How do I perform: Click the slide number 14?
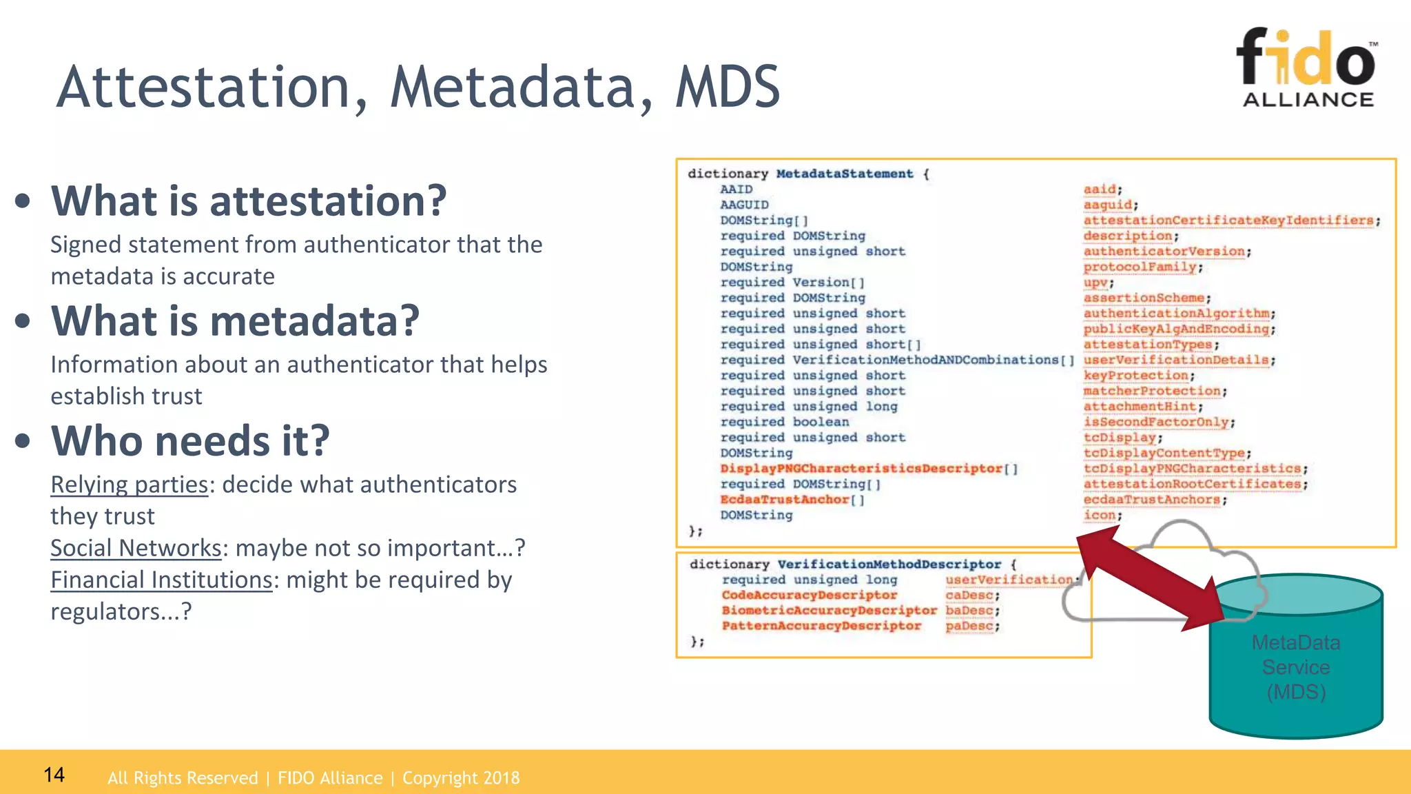(54, 775)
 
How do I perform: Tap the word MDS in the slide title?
(727, 88)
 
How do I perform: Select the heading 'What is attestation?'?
(249, 201)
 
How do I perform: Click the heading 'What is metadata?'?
(235, 320)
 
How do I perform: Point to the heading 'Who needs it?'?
(190, 440)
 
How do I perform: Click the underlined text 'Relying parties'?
(129, 485)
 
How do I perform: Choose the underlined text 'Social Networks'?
(136, 548)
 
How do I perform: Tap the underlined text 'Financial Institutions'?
(161, 580)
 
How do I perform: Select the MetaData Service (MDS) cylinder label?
(1295, 667)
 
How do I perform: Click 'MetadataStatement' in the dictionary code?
(844, 174)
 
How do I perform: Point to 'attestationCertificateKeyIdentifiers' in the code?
(1228, 221)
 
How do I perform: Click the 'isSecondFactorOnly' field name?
(1156, 422)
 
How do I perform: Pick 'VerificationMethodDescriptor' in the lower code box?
(889, 564)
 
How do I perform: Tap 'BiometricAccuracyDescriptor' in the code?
(829, 611)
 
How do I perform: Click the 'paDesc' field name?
(969, 626)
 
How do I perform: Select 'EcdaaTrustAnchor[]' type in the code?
(792, 500)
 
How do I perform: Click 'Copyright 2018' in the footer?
(460, 778)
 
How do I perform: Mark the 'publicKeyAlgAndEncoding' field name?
(1176, 329)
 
